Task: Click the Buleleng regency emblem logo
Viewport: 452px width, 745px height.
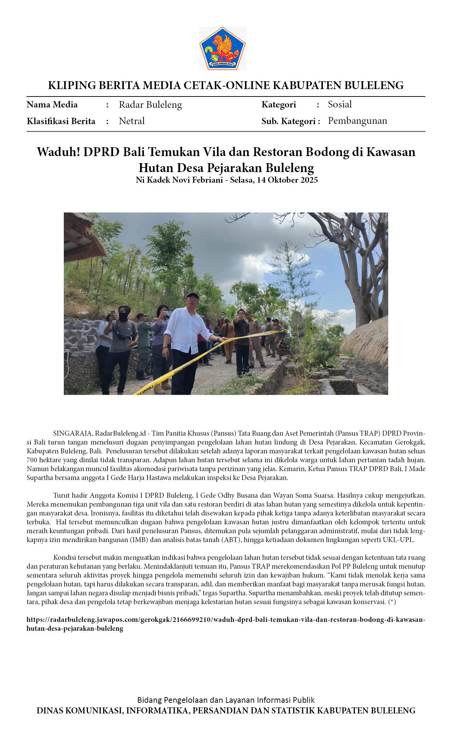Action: point(222,48)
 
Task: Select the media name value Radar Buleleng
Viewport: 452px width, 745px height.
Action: point(150,105)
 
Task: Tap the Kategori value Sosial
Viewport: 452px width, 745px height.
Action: point(340,104)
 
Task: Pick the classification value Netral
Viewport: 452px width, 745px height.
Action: point(132,121)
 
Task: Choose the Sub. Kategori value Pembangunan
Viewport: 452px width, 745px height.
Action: point(357,121)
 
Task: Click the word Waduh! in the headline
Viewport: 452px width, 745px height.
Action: point(58,152)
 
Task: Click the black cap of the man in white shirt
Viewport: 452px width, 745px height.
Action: point(192,295)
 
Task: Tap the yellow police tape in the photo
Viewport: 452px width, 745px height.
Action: point(199,358)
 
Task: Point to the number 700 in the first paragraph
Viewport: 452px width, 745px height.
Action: point(32,460)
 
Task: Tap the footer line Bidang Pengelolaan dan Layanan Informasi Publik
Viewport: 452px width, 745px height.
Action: point(226,700)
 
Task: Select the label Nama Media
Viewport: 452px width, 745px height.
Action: point(52,105)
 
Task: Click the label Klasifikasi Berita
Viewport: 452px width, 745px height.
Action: point(61,121)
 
